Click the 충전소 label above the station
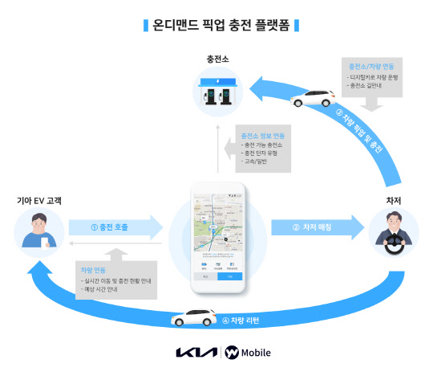tap(216, 59)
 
